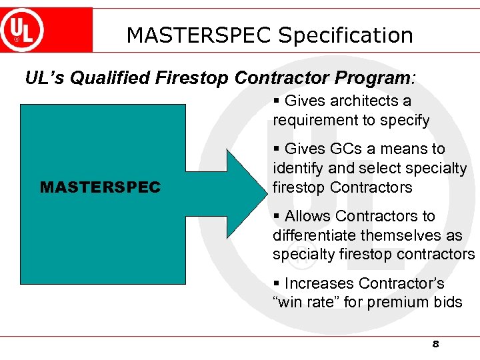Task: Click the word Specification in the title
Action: [x=345, y=35]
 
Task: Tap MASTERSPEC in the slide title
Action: [x=199, y=35]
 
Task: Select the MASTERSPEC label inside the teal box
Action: [x=100, y=188]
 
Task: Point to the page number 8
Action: [x=435, y=344]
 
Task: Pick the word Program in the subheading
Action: [x=373, y=79]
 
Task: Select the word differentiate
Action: [x=315, y=235]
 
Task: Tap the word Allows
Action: [x=308, y=216]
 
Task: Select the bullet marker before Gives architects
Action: [x=277, y=101]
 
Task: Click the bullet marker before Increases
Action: [x=277, y=283]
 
